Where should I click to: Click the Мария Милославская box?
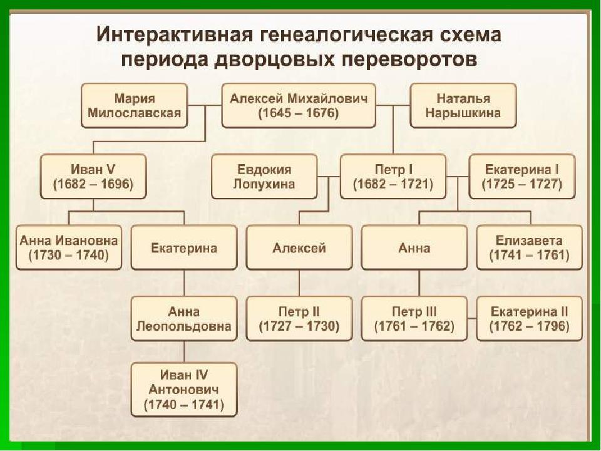coord(134,105)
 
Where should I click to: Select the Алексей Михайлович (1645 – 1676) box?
coord(299,105)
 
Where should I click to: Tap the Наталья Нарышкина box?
coord(463,105)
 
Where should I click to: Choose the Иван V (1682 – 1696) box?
coord(93,177)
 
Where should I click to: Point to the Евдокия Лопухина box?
coord(264,177)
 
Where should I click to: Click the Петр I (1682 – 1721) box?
coord(393,177)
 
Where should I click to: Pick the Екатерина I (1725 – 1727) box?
coord(522,177)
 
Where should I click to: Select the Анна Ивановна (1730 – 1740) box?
coord(69,247)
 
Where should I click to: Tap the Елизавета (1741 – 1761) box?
coord(530,247)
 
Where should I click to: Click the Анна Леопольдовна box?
coord(184,319)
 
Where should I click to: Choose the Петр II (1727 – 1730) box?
coord(299,319)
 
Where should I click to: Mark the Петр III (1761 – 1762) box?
coord(414,319)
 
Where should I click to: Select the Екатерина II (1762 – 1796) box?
coord(530,319)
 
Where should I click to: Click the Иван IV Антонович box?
coord(184,390)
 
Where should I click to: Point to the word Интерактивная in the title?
coord(175,34)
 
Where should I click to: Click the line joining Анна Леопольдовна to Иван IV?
coord(184,351)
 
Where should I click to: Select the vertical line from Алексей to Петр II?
coord(299,283)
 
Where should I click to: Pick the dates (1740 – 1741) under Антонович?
coord(184,405)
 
